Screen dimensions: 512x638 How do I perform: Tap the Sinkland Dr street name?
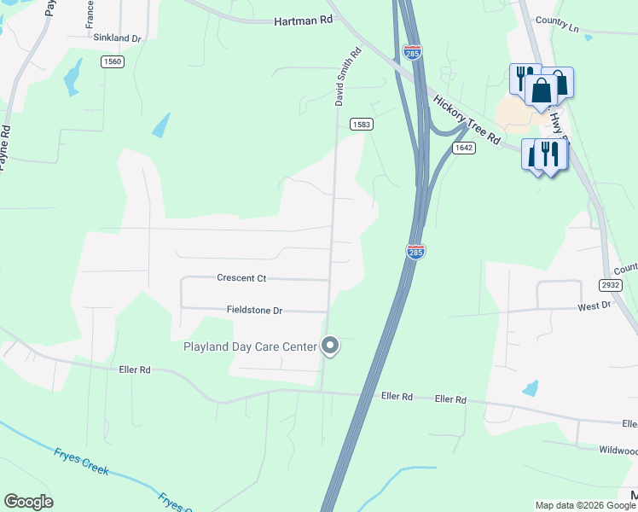[117, 38]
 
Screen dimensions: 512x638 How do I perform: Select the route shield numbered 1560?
[112, 61]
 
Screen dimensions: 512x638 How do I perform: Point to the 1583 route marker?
[361, 125]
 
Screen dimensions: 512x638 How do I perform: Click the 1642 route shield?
[463, 148]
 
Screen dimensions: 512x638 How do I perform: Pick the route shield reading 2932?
[609, 285]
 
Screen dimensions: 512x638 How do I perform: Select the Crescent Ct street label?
[241, 278]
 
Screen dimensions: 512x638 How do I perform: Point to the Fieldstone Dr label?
[254, 311]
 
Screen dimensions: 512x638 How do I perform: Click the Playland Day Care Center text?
[250, 346]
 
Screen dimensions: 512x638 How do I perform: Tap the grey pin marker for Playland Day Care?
[330, 346]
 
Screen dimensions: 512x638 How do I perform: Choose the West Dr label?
[594, 305]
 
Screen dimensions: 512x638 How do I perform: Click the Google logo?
[28, 502]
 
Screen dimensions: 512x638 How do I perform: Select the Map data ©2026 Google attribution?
[585, 505]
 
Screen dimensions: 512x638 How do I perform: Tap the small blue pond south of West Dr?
[531, 388]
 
